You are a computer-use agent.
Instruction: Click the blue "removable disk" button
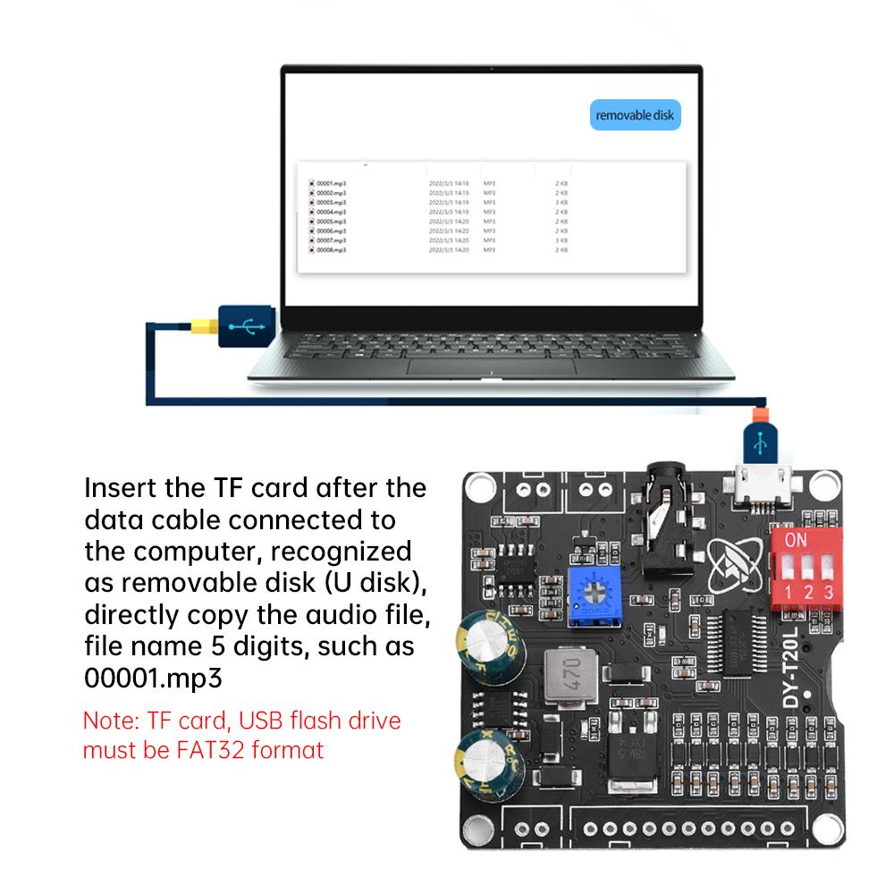point(636,115)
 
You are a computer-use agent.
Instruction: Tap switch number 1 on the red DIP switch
point(788,572)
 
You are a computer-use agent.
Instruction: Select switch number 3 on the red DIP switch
point(829,572)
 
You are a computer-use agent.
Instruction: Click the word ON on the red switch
point(796,540)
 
